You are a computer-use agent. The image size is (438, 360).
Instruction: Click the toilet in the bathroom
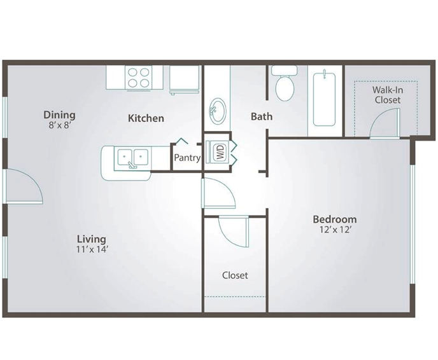point(285,84)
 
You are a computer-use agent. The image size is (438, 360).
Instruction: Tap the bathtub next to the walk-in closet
point(324,99)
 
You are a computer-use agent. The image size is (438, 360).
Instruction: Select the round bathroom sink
point(218,111)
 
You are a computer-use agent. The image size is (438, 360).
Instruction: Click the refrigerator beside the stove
point(185,80)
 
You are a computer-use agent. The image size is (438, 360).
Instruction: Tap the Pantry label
point(187,158)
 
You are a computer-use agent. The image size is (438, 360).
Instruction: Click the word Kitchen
point(146,118)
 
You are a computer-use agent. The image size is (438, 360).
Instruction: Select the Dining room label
point(59,115)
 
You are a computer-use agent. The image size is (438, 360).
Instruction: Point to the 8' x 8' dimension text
point(59,125)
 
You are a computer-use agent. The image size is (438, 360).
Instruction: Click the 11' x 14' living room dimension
point(92,249)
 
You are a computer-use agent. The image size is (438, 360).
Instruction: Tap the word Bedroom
point(335,219)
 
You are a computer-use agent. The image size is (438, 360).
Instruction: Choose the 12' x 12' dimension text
point(335,230)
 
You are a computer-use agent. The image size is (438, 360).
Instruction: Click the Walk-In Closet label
point(388,95)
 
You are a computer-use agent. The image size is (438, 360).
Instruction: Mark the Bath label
point(262,116)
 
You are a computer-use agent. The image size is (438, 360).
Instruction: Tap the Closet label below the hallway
point(235,275)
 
